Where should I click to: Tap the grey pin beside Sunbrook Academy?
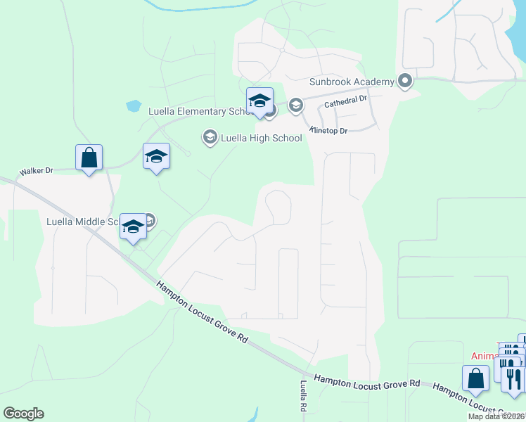coord(404,82)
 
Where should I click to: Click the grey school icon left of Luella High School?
coord(210,137)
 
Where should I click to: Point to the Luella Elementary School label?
coord(197,111)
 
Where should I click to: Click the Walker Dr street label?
coord(37,171)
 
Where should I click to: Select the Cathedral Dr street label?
coord(345,102)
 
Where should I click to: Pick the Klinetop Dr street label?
coord(328,131)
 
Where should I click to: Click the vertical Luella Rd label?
coord(304,397)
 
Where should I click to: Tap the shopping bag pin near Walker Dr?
coord(89,158)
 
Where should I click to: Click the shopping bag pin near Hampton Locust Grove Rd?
coord(475,378)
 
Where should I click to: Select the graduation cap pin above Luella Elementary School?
coord(259,101)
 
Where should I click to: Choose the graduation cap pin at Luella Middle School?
coord(132,227)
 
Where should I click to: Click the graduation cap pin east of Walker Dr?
coord(156,157)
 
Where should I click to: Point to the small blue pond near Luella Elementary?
coord(133,107)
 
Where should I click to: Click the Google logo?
coord(23,414)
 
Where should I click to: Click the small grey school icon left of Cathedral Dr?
coord(295,105)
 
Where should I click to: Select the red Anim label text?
coord(482,356)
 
